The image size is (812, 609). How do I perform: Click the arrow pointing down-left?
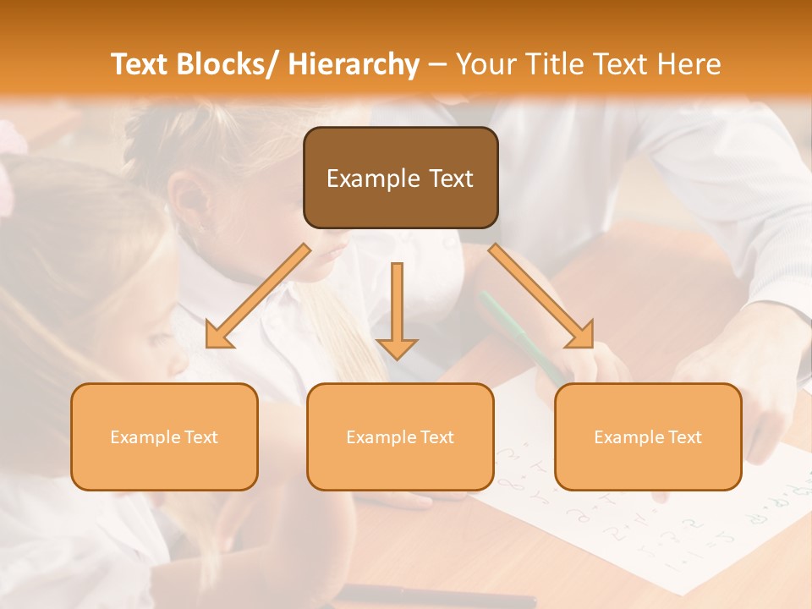pyautogui.click(x=258, y=296)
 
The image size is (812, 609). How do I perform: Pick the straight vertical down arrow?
pyautogui.click(x=397, y=309)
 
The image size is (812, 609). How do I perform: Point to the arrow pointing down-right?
pyautogui.click(x=541, y=296)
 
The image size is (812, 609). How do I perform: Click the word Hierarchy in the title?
pyautogui.click(x=353, y=64)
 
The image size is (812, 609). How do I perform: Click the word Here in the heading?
pyautogui.click(x=689, y=64)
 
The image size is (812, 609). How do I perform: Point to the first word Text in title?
pyautogui.click(x=139, y=64)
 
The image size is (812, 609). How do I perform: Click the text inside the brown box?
pyautogui.click(x=400, y=178)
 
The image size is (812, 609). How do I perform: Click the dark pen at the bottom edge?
pyautogui.click(x=440, y=596)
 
